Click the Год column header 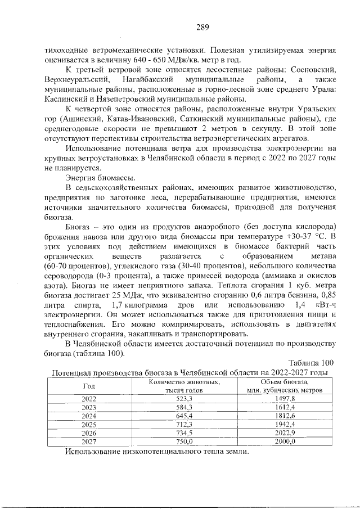[x=89, y=386]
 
